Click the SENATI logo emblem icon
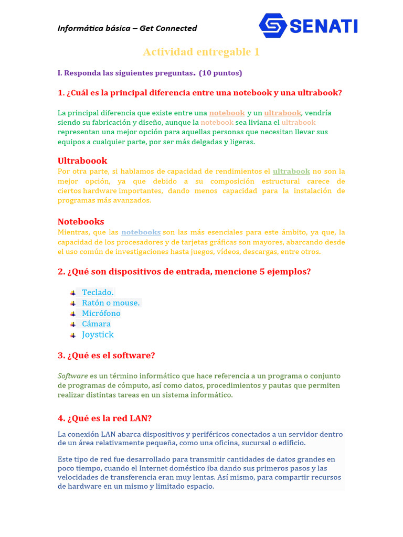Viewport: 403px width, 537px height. [273, 25]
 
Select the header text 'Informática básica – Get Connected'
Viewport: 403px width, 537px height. [128, 28]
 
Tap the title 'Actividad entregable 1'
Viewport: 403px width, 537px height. [201, 52]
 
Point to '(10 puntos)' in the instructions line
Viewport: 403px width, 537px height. [220, 73]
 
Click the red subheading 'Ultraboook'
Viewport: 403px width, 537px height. [82, 160]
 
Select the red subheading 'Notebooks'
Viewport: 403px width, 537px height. [81, 221]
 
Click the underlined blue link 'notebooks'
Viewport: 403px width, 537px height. [141, 232]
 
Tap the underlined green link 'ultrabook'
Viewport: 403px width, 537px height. [291, 171]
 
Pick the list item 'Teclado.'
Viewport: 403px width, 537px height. [98, 292]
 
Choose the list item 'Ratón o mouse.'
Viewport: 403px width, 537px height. [111, 303]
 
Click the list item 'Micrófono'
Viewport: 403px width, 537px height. [101, 313]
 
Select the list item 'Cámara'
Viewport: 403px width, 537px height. [96, 324]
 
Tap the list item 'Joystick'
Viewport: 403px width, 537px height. [98, 335]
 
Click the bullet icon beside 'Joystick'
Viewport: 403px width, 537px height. [72, 335]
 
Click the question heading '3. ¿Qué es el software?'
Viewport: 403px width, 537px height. [107, 356]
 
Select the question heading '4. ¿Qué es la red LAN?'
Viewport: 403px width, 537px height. [105, 418]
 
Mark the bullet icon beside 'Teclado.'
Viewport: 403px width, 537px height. [72, 292]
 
